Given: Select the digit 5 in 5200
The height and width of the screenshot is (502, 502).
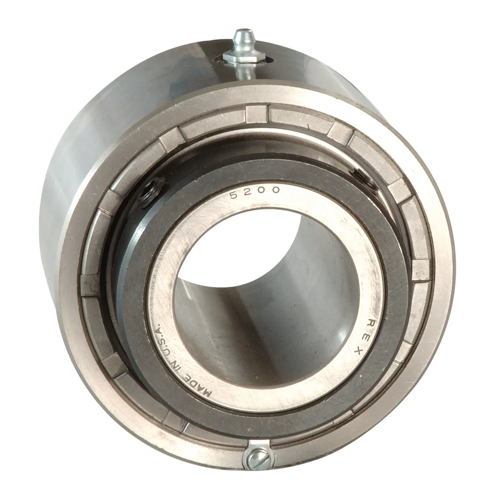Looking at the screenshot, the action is click(234, 195).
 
